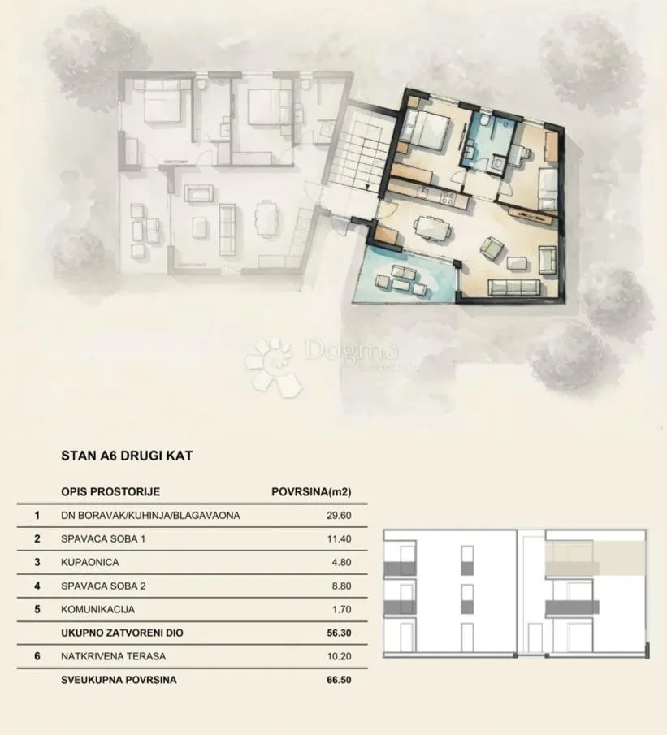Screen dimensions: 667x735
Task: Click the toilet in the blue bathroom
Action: point(485,119)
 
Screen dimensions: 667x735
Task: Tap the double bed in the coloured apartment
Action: point(426,128)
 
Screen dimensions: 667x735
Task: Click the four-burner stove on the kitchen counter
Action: point(447,198)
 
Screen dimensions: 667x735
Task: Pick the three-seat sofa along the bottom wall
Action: point(513,288)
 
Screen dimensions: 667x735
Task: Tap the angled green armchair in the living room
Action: point(493,249)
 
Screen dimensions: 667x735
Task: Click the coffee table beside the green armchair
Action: point(518,263)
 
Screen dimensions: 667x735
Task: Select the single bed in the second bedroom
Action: point(548,190)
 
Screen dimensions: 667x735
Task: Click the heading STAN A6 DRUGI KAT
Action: point(127,456)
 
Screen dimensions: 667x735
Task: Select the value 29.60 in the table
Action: point(339,516)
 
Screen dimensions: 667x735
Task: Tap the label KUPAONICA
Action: point(90,563)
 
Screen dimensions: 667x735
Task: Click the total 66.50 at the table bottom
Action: point(339,680)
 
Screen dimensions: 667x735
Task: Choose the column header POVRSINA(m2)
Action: point(311,491)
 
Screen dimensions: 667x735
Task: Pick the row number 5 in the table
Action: point(37,609)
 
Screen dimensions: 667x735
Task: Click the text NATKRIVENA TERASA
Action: point(114,656)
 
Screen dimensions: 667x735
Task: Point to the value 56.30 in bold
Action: point(339,633)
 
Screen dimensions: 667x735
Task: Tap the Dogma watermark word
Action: point(352,351)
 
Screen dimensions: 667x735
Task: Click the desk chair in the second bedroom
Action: point(526,154)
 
